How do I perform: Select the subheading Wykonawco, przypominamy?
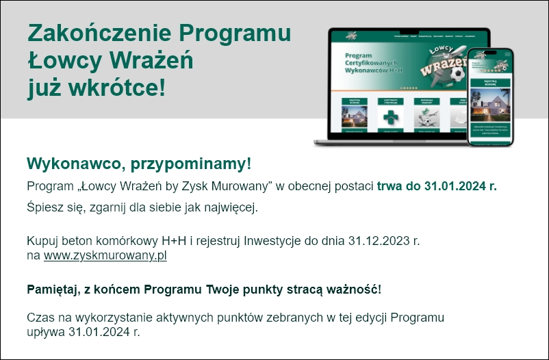[139, 164]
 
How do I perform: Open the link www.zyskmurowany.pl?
[105, 256]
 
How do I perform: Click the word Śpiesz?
[44, 207]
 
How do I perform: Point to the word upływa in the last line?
[46, 333]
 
